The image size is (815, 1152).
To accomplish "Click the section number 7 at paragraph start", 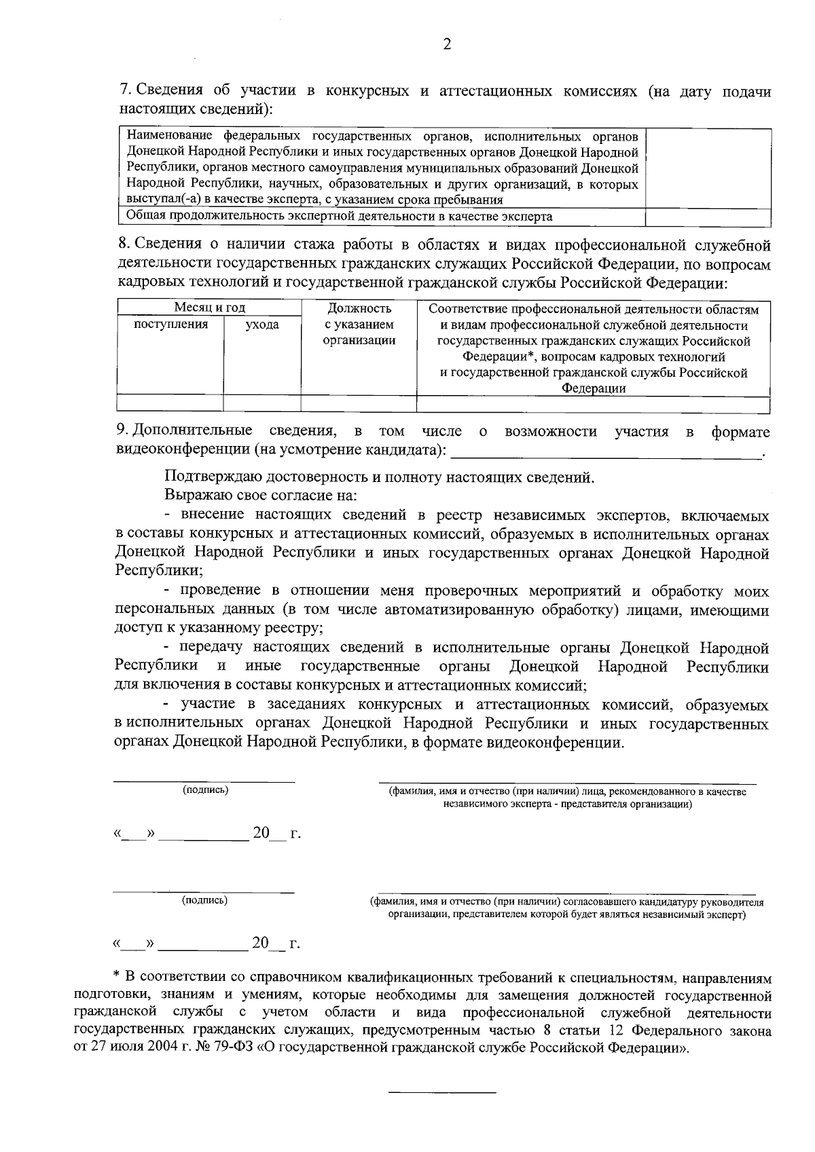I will pyautogui.click(x=124, y=91).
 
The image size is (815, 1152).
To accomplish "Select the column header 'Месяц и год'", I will pyautogui.click(x=209, y=308).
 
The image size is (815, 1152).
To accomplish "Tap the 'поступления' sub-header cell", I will pyautogui.click(x=170, y=324).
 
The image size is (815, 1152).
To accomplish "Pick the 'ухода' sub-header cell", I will pyautogui.click(x=261, y=325).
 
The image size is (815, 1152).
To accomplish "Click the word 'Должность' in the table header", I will pyautogui.click(x=359, y=309).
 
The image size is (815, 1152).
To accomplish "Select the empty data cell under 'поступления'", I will pyautogui.click(x=170, y=403).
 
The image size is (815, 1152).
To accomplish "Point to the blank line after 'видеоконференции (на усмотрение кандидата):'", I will pyautogui.click(x=606, y=452).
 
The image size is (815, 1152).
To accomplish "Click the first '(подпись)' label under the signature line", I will pyautogui.click(x=205, y=790).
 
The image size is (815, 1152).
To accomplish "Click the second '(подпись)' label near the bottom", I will pyautogui.click(x=204, y=901).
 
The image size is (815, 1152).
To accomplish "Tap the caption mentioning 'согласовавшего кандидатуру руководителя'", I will pyautogui.click(x=566, y=909).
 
